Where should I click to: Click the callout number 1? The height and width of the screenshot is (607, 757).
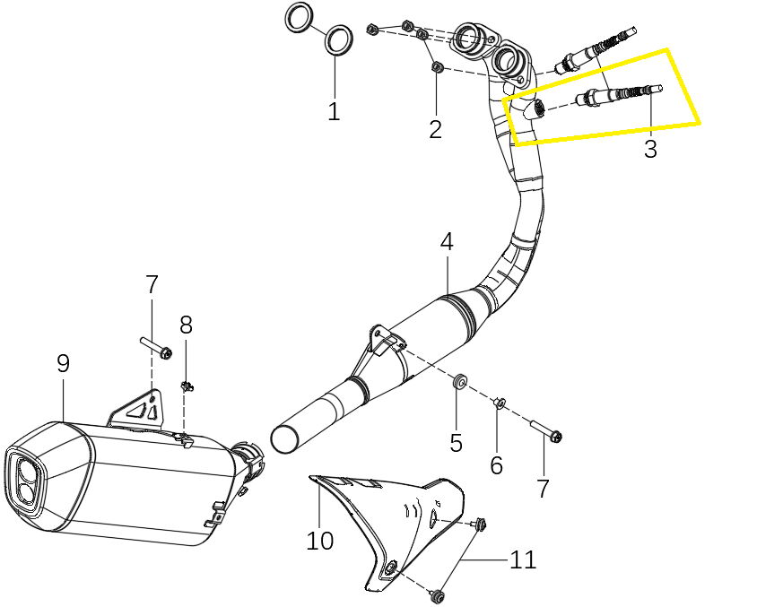click(334, 111)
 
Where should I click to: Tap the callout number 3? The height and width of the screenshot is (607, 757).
click(650, 149)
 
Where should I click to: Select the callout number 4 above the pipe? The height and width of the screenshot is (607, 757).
click(447, 242)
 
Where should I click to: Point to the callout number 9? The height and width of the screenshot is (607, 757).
click(64, 363)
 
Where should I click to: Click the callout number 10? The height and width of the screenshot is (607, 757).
click(320, 541)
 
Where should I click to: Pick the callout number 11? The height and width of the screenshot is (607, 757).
click(523, 559)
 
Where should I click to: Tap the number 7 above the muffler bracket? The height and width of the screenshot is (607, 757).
click(152, 285)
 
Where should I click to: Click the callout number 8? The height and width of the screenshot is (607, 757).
click(186, 325)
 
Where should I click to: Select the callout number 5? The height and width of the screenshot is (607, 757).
click(457, 442)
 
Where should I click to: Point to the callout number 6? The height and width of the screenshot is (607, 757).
click(497, 465)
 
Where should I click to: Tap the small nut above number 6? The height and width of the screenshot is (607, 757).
click(500, 402)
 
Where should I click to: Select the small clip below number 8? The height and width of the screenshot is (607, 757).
click(187, 386)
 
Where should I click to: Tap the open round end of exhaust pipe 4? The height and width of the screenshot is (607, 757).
click(286, 439)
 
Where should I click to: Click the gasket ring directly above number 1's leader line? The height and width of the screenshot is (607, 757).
click(338, 40)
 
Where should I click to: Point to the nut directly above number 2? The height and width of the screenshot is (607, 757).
click(437, 67)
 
